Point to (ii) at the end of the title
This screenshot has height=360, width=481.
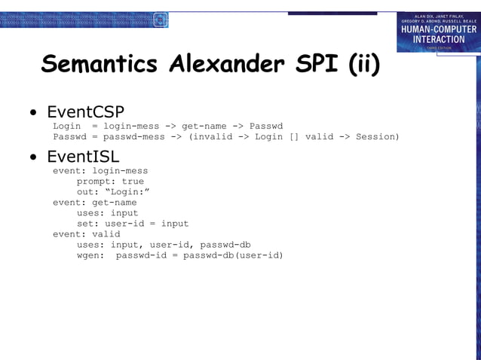click(x=363, y=65)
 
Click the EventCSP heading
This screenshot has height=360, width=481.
click(x=85, y=112)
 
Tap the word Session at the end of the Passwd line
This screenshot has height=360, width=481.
click(x=377, y=136)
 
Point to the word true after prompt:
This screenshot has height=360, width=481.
click(x=132, y=182)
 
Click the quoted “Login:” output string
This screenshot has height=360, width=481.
click(x=125, y=192)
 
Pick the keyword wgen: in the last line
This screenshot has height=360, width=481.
click(x=90, y=255)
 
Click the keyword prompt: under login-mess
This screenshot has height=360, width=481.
click(x=96, y=182)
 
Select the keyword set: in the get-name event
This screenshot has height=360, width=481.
click(x=87, y=224)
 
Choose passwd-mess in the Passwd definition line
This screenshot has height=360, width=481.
click(x=133, y=136)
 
